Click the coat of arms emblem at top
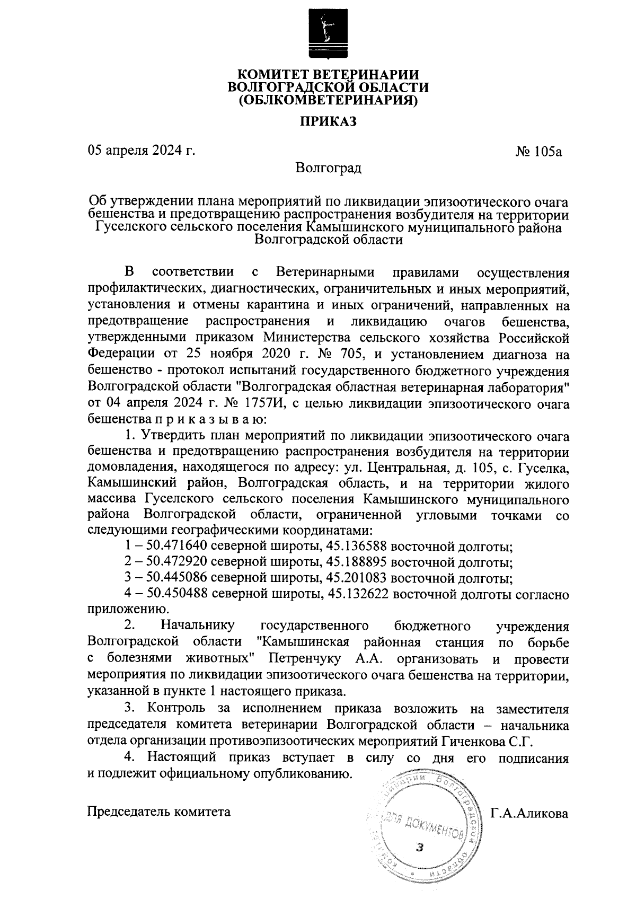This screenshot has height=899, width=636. click(x=327, y=33)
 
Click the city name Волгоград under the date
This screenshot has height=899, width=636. click(x=328, y=169)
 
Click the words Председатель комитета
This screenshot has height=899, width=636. click(x=158, y=812)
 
